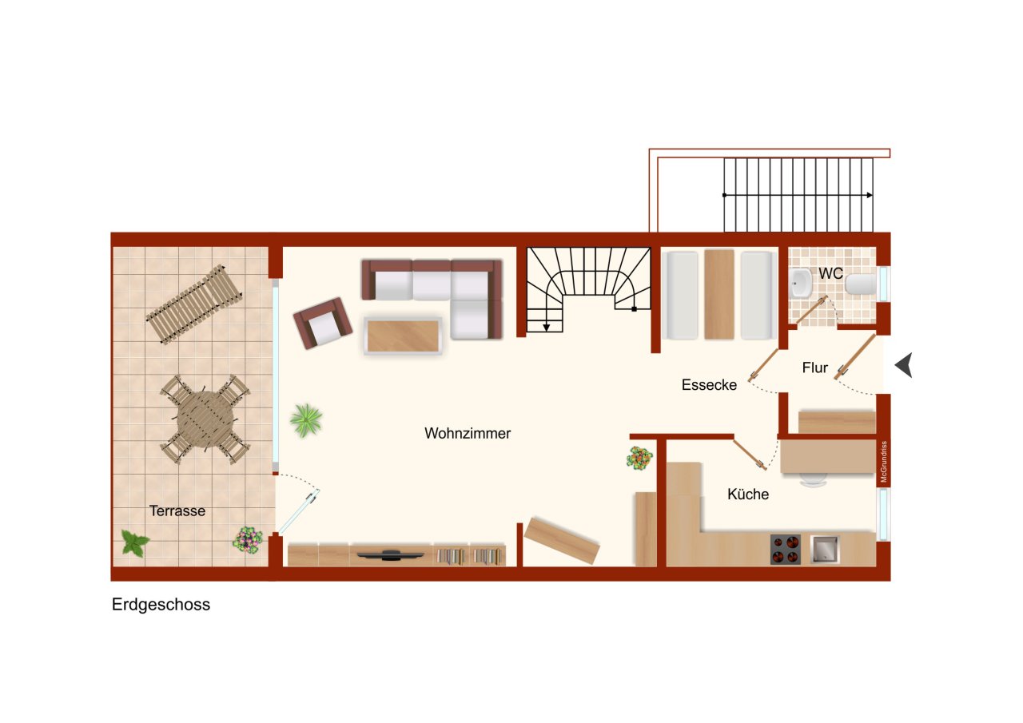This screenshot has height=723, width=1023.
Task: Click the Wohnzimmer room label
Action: click(x=468, y=434)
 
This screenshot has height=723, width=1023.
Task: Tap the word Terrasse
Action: click(x=177, y=511)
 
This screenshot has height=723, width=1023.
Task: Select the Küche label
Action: click(x=748, y=495)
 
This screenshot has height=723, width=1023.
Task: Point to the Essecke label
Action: click(x=709, y=385)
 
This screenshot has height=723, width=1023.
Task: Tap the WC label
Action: click(x=831, y=273)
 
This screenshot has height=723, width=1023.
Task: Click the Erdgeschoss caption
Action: click(x=161, y=605)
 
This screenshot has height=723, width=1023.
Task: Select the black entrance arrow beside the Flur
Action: click(x=903, y=366)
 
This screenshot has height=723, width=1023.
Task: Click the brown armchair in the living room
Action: click(x=322, y=323)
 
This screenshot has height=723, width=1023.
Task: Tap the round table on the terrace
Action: click(x=205, y=419)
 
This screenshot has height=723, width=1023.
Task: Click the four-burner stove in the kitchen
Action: click(x=785, y=550)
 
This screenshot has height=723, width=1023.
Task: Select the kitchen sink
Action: click(x=825, y=550)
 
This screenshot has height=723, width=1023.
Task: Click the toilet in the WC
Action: click(x=861, y=285)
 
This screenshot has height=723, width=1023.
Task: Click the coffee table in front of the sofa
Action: click(x=404, y=336)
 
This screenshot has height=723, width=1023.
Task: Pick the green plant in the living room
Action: click(x=306, y=419)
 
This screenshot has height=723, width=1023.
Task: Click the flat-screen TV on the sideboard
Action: click(x=391, y=554)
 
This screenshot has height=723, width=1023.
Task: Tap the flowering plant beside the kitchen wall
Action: click(x=639, y=459)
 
